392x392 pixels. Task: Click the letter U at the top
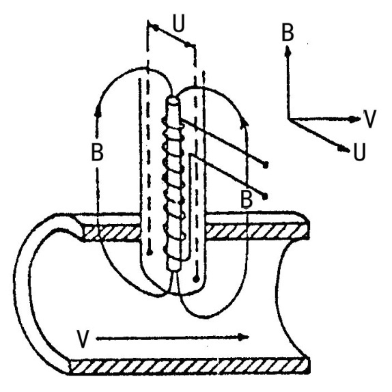tap(179, 23)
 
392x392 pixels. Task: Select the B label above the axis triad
tap(288, 32)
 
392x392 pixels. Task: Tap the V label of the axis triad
tap(369, 119)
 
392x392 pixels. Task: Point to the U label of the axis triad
tap(360, 152)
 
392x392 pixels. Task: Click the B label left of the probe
tap(97, 152)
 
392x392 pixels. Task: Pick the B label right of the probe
tap(247, 199)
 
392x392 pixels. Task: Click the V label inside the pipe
tap(83, 339)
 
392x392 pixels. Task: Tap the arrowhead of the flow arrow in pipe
tap(243, 337)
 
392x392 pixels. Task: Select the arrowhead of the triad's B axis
tap(288, 51)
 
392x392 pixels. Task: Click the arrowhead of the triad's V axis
tap(356, 120)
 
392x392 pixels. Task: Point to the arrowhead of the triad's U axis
tap(344, 149)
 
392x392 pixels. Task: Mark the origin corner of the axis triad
tap(290, 120)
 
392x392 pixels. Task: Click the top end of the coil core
tap(173, 101)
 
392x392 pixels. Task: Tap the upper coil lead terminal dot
tap(266, 165)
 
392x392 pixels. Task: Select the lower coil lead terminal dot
tap(265, 197)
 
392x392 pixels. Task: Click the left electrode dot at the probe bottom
tap(150, 253)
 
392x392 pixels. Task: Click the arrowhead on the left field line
tap(98, 111)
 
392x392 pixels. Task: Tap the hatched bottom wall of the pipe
tap(189, 366)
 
